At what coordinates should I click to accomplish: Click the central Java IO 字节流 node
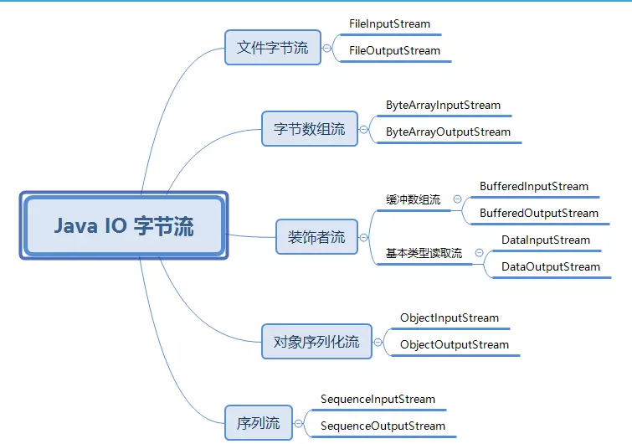coord(124,225)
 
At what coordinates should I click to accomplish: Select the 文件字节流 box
coord(272,47)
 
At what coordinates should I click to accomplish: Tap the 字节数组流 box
coord(309,129)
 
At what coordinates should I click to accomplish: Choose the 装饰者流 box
coord(316,237)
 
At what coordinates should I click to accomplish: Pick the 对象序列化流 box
coord(316,341)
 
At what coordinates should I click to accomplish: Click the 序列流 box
coord(258,422)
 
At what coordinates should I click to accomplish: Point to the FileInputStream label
coord(389,23)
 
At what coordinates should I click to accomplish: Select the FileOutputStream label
coord(394,50)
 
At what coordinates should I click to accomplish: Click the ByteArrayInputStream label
coord(443,106)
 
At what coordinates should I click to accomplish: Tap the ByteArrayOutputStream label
coord(448,132)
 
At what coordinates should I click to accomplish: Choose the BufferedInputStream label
coord(534,186)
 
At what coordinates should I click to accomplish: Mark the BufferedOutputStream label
coord(539,213)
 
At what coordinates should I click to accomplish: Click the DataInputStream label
coord(545,240)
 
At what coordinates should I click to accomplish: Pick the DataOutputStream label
coord(550,266)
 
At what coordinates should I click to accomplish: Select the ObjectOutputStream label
coord(454,344)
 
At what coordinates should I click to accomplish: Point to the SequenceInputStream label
coord(378,399)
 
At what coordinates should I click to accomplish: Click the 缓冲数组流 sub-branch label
coord(413,199)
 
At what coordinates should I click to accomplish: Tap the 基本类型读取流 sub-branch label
coord(424,253)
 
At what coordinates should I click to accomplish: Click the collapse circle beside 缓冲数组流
coord(458,199)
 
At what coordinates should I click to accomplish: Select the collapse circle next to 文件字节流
coord(327,48)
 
